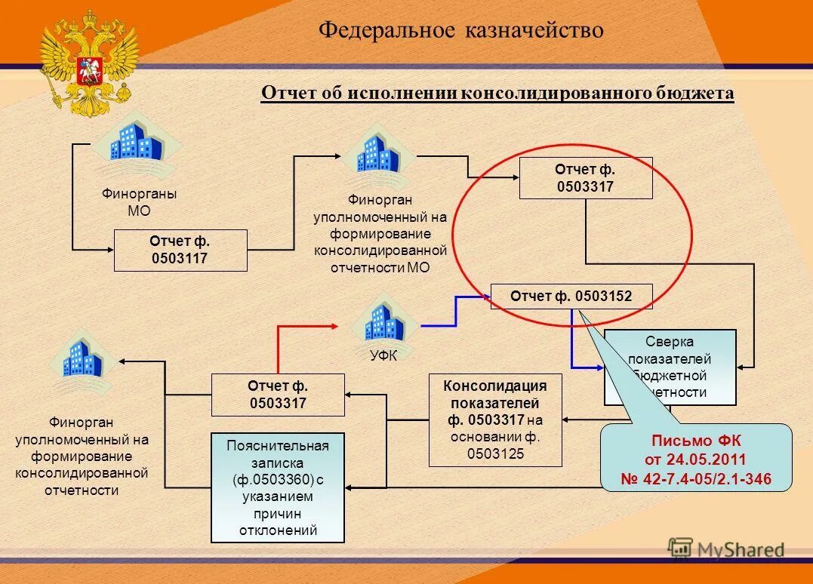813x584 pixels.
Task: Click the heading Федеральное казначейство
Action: point(460,30)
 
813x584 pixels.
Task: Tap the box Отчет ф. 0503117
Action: point(180,251)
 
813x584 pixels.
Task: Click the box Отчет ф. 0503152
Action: point(571,297)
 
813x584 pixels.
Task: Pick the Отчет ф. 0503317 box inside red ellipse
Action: point(586,178)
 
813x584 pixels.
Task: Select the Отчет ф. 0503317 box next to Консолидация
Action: point(278,395)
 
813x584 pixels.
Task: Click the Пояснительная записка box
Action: point(278,487)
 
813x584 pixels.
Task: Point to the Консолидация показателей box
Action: point(495,420)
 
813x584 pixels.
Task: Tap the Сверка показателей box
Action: point(670,367)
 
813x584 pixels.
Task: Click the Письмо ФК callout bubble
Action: point(695,459)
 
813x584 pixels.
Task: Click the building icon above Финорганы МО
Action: point(137,143)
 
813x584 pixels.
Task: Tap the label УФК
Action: point(383,355)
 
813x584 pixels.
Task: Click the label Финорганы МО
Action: point(139,202)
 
